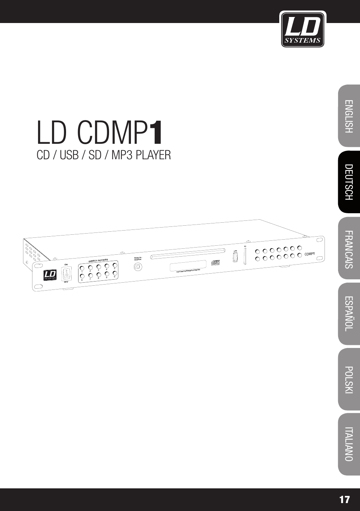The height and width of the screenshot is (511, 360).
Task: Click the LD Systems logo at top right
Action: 303,29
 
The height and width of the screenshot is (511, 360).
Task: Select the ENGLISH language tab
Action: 349,116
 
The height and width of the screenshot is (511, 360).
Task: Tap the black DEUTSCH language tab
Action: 349,182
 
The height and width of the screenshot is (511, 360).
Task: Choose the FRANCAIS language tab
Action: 349,249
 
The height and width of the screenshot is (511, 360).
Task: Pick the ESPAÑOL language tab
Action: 349,314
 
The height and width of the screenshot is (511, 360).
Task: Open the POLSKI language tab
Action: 349,380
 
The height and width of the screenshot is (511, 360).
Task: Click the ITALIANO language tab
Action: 349,444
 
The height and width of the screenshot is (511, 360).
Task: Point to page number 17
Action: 344,500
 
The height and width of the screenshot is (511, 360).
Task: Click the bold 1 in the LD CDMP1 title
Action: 156,133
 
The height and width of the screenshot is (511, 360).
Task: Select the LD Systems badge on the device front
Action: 50,275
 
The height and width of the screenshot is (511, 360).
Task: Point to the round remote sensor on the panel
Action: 138,266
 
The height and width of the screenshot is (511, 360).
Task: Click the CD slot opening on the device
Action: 188,254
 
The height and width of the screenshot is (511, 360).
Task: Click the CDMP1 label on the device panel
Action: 309,254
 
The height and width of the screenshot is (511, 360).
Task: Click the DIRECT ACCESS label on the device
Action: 98,260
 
